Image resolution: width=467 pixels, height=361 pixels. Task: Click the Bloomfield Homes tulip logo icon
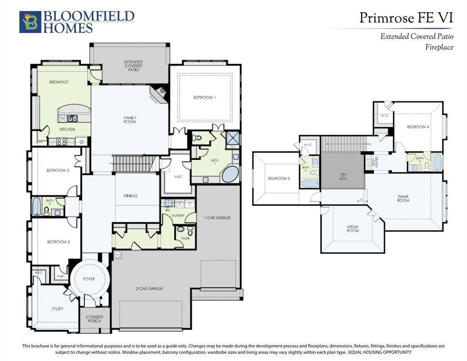click(30, 22)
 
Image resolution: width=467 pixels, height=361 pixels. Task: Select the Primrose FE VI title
click(406, 18)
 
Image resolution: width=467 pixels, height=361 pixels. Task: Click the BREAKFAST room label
click(59, 82)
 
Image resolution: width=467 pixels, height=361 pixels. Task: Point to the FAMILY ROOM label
click(130, 119)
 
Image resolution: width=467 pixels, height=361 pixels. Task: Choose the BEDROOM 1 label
click(204, 98)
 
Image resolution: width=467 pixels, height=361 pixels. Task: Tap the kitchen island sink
click(73, 118)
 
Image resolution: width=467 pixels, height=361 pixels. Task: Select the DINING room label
click(131, 196)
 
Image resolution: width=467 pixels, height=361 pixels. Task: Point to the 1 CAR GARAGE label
click(217, 218)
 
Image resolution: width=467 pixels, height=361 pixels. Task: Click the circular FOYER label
click(89, 279)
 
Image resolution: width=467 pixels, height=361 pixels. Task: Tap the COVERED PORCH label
click(94, 319)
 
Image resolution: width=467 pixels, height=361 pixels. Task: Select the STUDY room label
click(57, 309)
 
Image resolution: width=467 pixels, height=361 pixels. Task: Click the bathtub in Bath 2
click(37, 206)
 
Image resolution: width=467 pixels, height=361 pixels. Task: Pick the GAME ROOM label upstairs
click(403, 198)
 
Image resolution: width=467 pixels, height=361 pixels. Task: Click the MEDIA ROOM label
click(352, 228)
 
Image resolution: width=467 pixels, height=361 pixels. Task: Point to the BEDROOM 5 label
click(279, 179)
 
